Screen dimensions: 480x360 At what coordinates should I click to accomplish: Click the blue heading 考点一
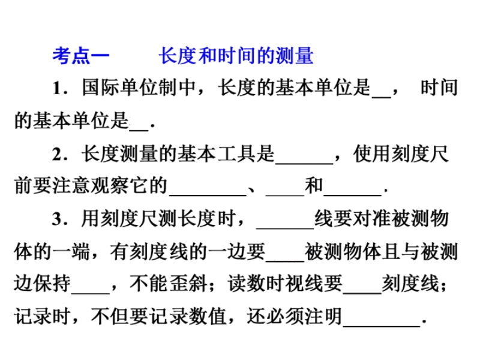(x=81, y=56)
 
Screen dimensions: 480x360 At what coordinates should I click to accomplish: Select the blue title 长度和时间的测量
(x=236, y=56)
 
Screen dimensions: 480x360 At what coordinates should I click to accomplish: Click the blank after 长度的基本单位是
(x=382, y=97)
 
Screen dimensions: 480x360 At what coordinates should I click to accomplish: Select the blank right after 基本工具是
(x=304, y=163)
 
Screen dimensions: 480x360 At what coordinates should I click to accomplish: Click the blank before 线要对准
(x=286, y=229)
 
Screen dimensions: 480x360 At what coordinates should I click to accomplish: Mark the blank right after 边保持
(x=91, y=293)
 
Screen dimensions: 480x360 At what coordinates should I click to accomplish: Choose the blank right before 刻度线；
(x=362, y=293)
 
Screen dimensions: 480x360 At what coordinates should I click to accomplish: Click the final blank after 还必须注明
(x=382, y=326)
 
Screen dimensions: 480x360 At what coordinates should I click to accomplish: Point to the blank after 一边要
(x=285, y=261)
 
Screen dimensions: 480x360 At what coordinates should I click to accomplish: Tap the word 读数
(x=247, y=283)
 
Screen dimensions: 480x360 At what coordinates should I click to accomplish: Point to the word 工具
(x=236, y=154)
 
